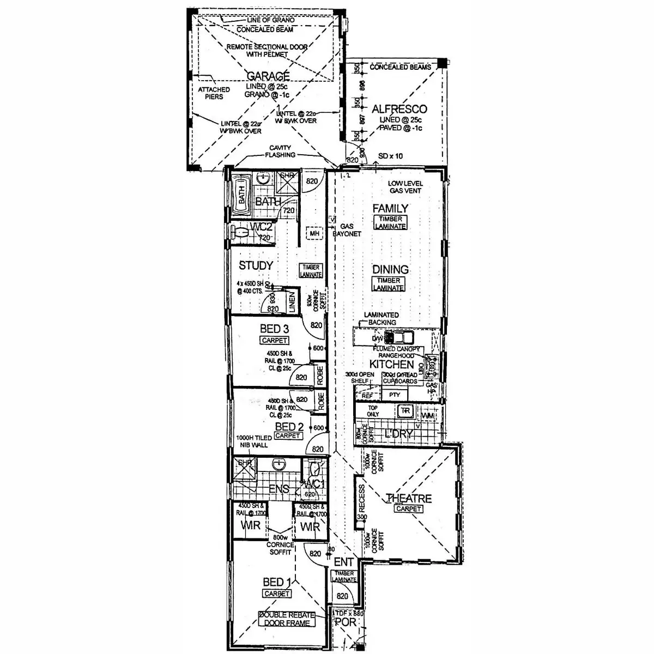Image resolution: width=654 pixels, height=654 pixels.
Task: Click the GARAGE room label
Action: [x=268, y=76]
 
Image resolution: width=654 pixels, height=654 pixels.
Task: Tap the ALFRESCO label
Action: [x=399, y=110]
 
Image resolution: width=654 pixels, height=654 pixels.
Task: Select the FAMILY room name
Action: [x=390, y=208]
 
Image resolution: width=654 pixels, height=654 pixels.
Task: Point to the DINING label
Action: [x=390, y=269]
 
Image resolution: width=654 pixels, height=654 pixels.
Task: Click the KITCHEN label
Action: [x=392, y=364]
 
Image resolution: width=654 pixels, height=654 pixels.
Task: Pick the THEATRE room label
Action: [x=408, y=498]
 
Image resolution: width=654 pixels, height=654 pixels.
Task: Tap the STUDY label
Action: [x=256, y=266]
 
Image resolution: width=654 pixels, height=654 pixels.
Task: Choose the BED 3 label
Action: [x=274, y=329]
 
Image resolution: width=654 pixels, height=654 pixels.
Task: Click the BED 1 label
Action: [x=276, y=582]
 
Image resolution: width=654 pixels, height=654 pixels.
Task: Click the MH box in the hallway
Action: [x=314, y=234]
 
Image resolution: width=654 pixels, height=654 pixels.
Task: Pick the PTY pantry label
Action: [x=395, y=395]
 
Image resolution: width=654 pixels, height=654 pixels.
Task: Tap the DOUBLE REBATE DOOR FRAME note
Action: [x=286, y=619]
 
